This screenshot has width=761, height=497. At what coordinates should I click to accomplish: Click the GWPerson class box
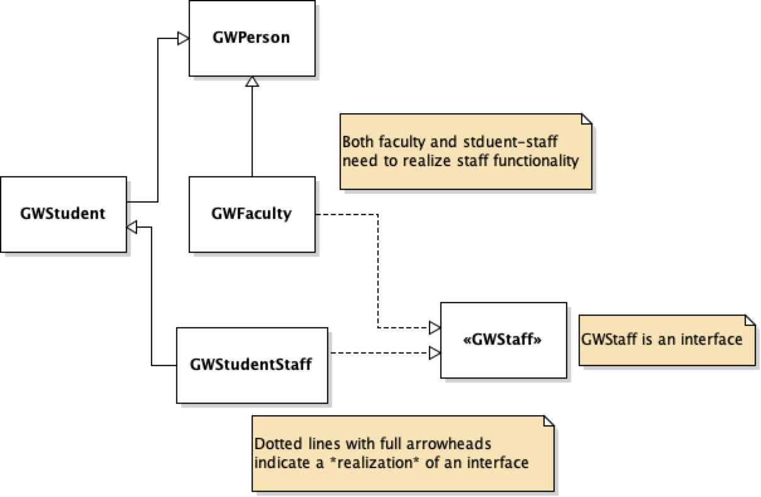pos(252,38)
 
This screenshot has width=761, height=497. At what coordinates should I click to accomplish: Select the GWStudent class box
pos(63,214)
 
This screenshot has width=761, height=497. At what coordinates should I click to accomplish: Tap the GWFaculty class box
pos(252,214)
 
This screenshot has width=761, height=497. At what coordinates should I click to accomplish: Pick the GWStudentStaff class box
pos(252,365)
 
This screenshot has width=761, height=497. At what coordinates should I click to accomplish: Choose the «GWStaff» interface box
pos(503,340)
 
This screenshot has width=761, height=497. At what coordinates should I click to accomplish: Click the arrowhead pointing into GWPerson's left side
pos(183,39)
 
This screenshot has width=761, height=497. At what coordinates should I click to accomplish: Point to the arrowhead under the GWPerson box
pos(252,82)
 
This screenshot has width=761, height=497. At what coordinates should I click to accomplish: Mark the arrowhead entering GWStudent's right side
pos(132,227)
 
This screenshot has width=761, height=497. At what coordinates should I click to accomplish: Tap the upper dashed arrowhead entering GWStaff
pos(435,327)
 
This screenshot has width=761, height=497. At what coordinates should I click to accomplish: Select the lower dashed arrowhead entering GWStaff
pos(435,353)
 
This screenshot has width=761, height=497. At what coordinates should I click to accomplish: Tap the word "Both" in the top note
pos(358,142)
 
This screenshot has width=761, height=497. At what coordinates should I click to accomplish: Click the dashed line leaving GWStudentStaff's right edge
pos(377,353)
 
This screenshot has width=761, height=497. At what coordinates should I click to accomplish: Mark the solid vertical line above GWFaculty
pos(252,132)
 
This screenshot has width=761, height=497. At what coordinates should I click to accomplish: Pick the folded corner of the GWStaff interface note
pos(749,320)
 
